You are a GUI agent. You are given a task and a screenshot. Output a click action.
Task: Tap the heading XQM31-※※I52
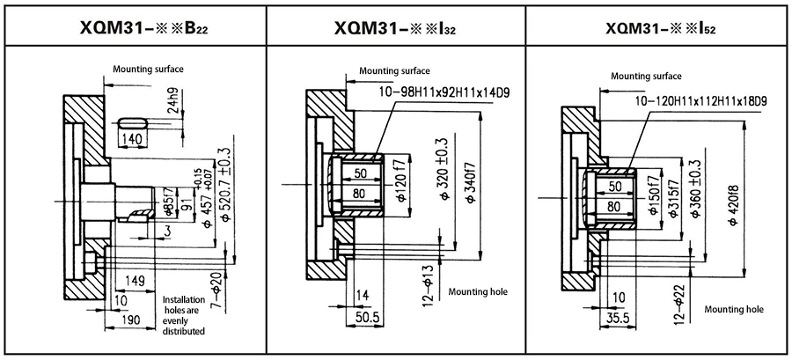click(661, 27)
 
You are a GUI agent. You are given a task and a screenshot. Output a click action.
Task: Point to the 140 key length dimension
click(133, 139)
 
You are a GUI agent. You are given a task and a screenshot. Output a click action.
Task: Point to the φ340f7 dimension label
click(471, 180)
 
